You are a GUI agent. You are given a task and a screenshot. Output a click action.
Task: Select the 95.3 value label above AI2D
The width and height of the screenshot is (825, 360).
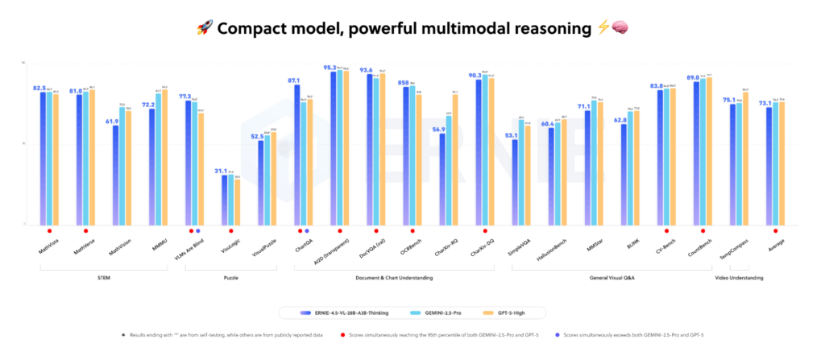(x=330, y=68)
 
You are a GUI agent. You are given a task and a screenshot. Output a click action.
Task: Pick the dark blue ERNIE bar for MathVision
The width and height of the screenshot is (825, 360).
(x=115, y=175)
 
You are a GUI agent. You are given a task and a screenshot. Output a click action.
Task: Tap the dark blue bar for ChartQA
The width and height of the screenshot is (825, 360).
(x=296, y=155)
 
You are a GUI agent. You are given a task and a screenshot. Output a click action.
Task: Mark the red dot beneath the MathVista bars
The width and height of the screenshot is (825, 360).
(x=49, y=230)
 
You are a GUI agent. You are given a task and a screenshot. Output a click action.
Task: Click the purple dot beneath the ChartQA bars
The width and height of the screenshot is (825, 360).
(x=306, y=230)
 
